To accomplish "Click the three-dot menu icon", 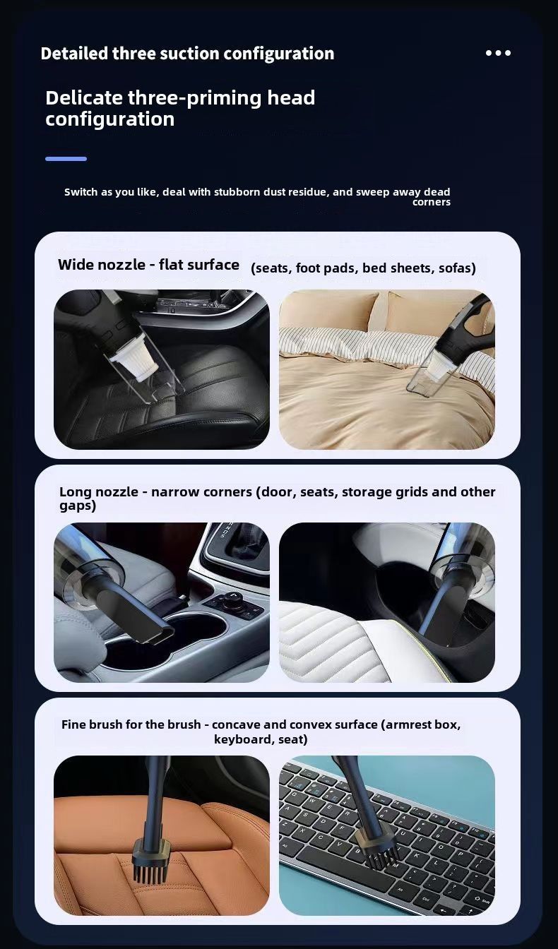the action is coord(498,53).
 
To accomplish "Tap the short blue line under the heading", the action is coord(66,159).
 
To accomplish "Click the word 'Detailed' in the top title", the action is coord(74,54).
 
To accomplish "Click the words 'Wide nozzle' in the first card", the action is coord(102,265).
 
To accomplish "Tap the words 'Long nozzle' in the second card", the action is coord(99,492).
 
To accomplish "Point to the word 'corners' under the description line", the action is coord(432,202).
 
